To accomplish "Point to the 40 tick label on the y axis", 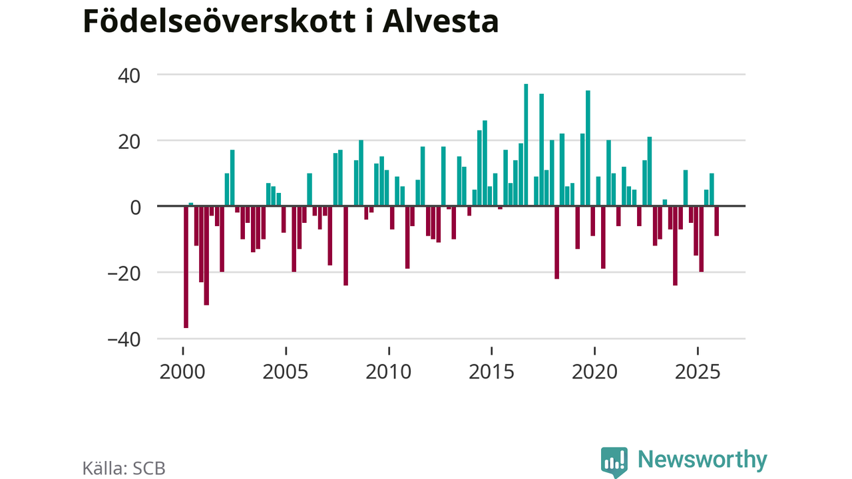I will pos(129,75).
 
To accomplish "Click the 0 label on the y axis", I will pos(136,207).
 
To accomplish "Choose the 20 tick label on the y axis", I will pos(129,141).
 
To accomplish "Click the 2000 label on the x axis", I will pos(182,371).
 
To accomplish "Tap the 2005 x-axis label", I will pos(286,371).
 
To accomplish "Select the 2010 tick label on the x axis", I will pos(389,371).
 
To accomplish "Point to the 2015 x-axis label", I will pos(492,371).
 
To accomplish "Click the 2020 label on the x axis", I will pos(594,371).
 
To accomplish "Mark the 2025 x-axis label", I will pos(698,371).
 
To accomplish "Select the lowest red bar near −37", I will pos(186,267).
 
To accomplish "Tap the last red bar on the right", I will pos(717,221).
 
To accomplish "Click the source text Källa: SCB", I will pos(124,468).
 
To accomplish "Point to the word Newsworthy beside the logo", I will pos(702,460).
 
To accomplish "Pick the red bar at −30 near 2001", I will pos(206,255).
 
